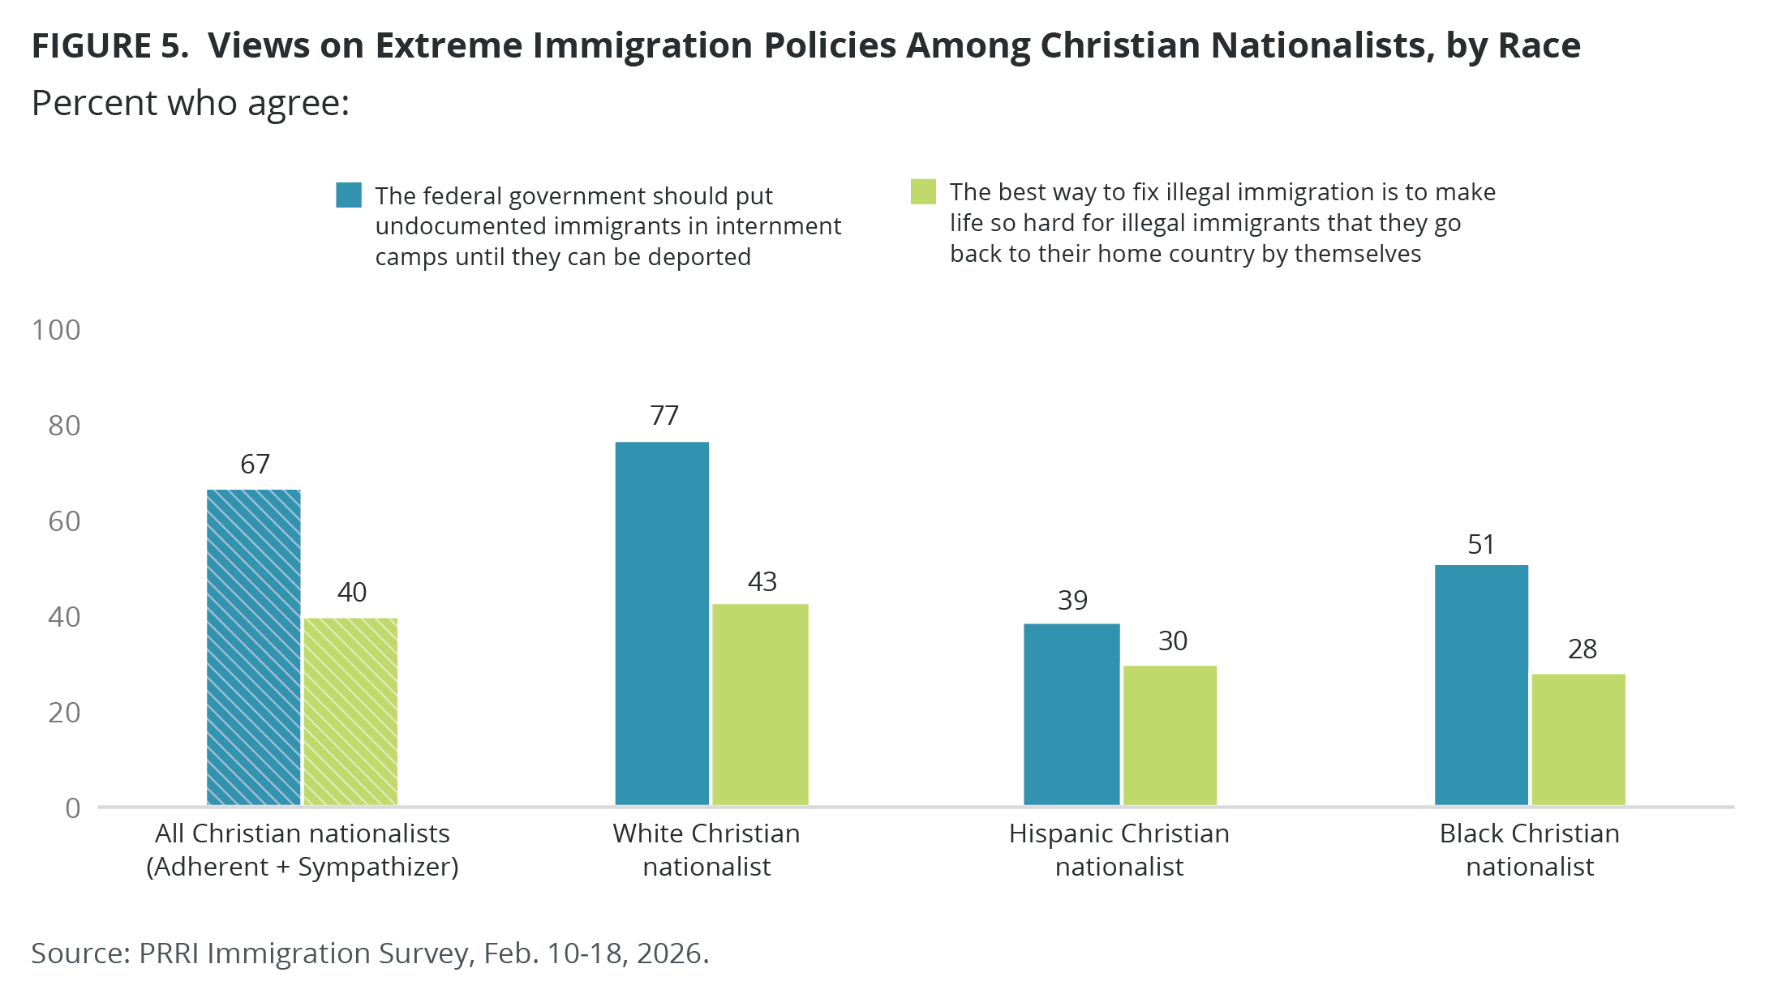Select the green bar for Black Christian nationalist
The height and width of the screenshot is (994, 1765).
click(1578, 739)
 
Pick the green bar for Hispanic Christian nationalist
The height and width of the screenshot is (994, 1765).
click(1170, 735)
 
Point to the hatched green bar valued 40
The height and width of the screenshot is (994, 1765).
click(350, 711)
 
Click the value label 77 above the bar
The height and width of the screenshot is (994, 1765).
click(664, 416)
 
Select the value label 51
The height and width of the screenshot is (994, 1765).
click(1481, 545)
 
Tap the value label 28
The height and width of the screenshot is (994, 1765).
click(1582, 649)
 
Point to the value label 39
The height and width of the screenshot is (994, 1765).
click(1072, 601)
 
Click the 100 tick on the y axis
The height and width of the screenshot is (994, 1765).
click(56, 330)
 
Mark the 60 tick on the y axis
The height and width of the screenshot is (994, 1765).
click(64, 521)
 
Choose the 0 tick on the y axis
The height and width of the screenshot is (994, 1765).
click(73, 808)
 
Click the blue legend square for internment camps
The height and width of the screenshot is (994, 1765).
click(349, 195)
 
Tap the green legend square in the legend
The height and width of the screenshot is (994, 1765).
click(923, 192)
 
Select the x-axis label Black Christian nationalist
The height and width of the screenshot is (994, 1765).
click(1529, 850)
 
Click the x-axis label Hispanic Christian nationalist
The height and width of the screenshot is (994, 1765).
click(1119, 850)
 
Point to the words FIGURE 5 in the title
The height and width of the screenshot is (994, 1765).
click(110, 46)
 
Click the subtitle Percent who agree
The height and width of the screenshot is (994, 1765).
click(191, 104)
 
